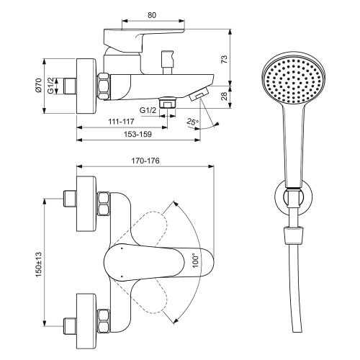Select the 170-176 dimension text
[x=145, y=161]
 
